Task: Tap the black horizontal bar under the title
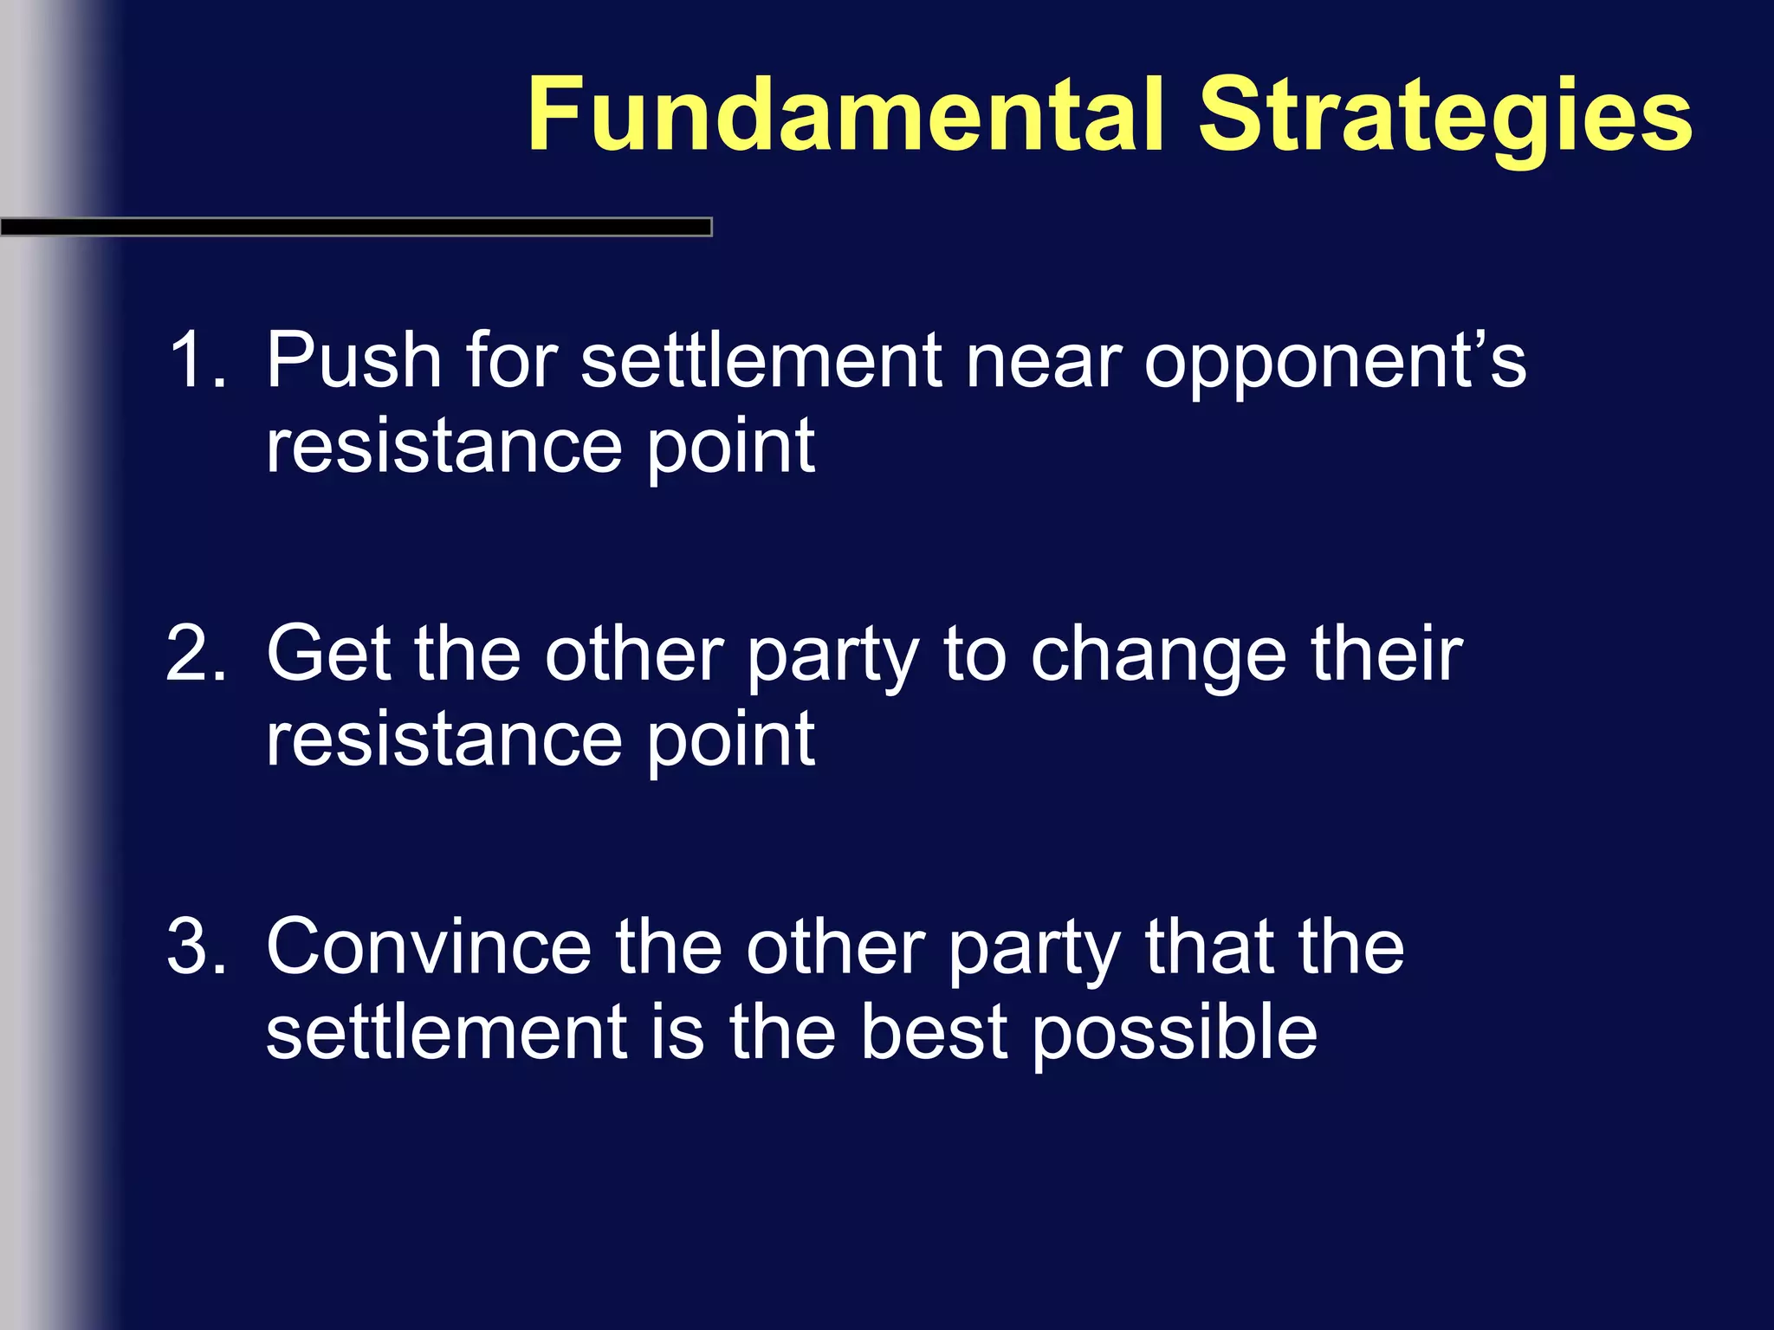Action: point(355,227)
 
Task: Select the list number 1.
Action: point(195,360)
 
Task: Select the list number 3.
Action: point(195,946)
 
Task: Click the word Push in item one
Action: point(353,360)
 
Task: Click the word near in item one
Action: point(1044,360)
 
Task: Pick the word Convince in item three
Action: point(429,946)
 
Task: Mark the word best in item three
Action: point(934,1031)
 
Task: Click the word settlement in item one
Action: point(761,360)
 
